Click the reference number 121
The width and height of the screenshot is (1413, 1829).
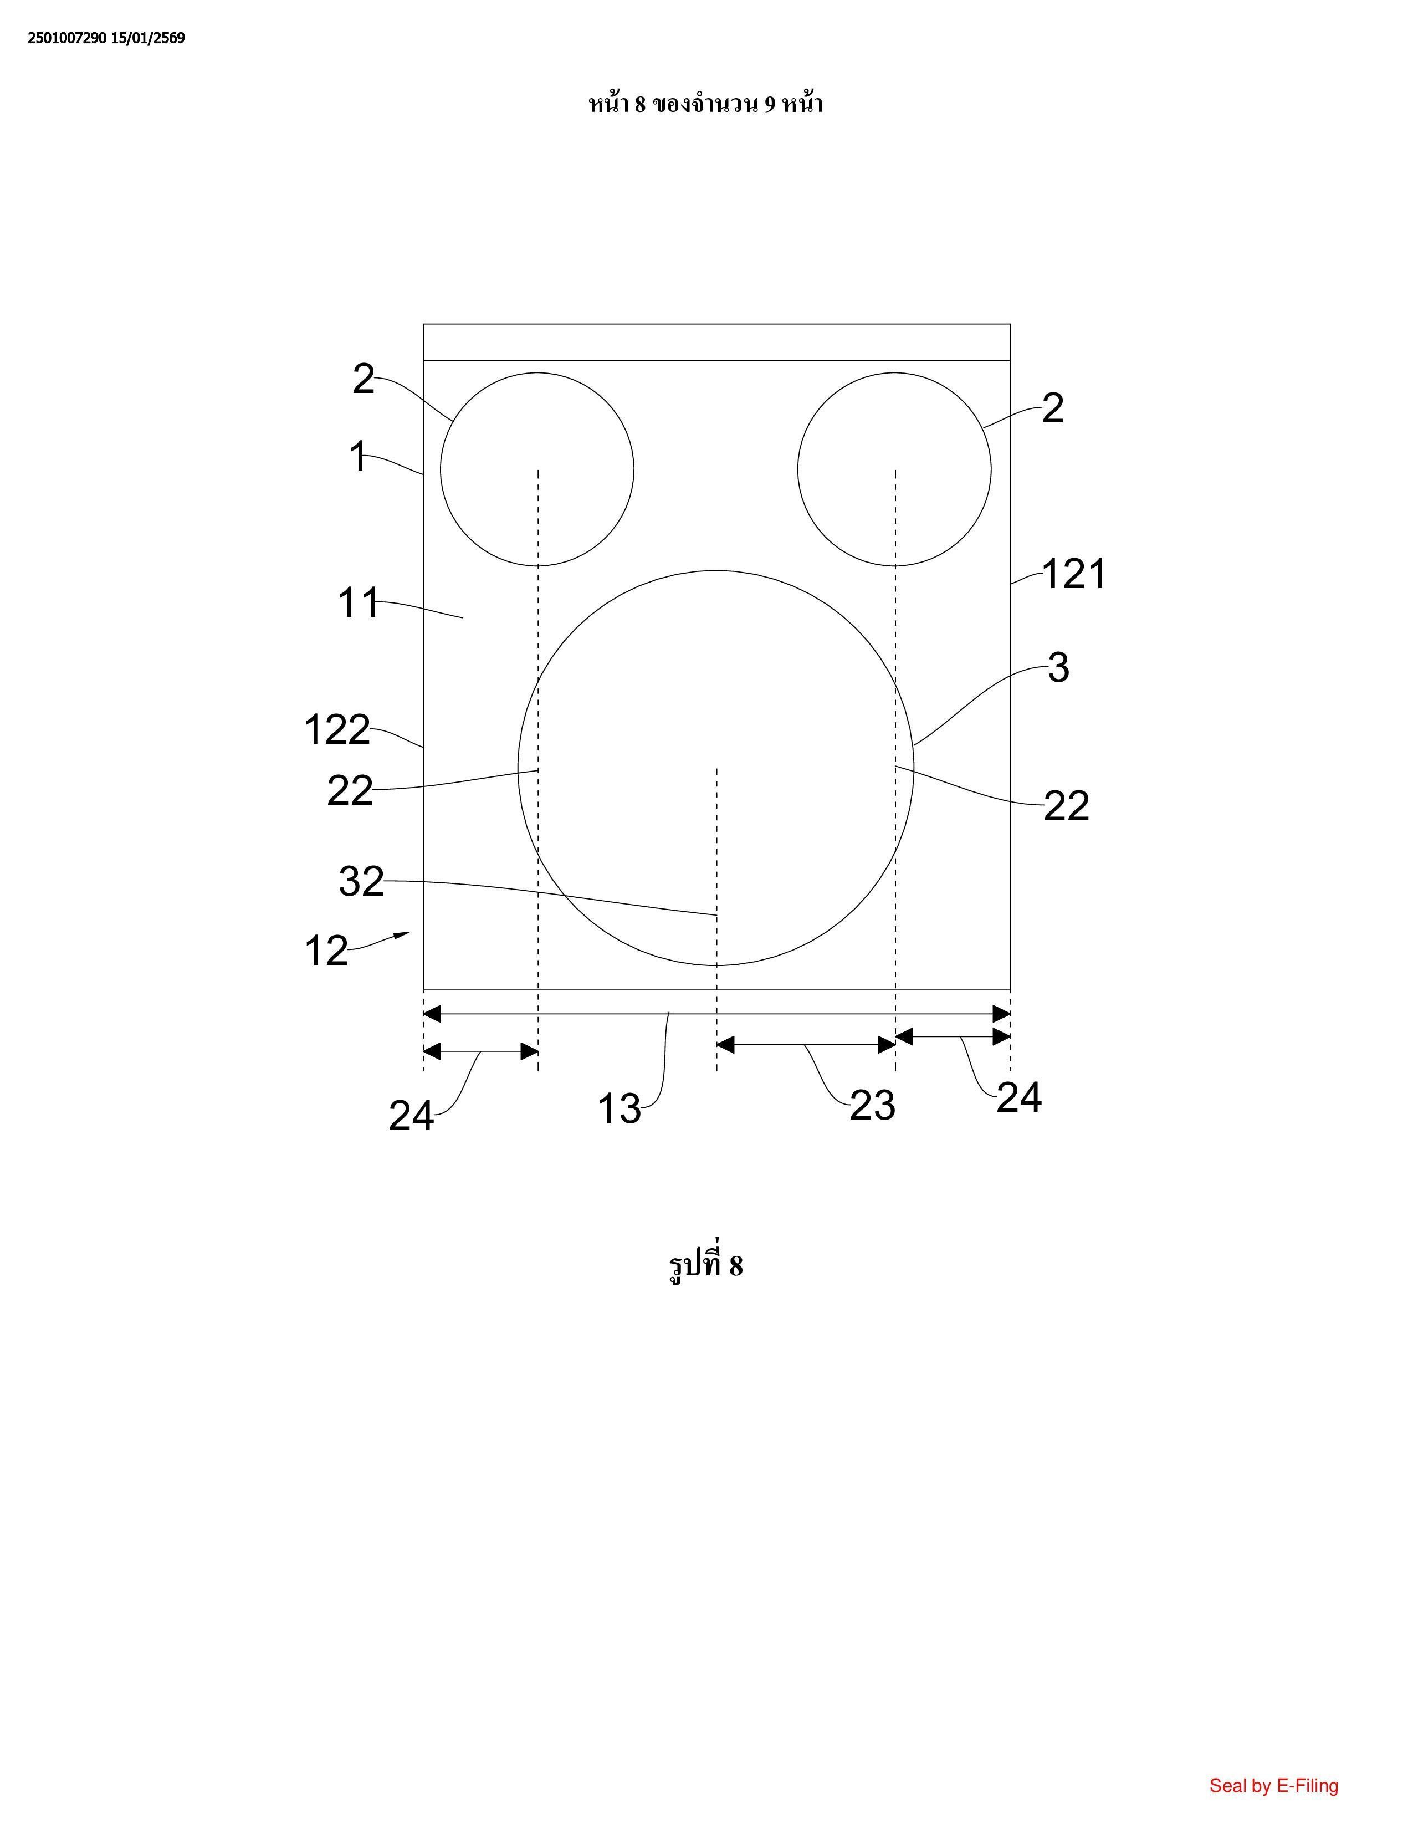(1074, 575)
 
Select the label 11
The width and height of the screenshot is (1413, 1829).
(359, 603)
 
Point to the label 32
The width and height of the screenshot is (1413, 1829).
(362, 881)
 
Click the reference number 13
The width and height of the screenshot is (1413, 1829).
(620, 1109)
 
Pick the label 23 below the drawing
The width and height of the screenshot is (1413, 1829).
(872, 1106)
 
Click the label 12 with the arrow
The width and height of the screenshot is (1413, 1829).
(326, 951)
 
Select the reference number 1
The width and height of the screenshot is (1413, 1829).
(357, 457)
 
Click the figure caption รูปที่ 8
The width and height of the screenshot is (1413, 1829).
(705, 1265)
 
